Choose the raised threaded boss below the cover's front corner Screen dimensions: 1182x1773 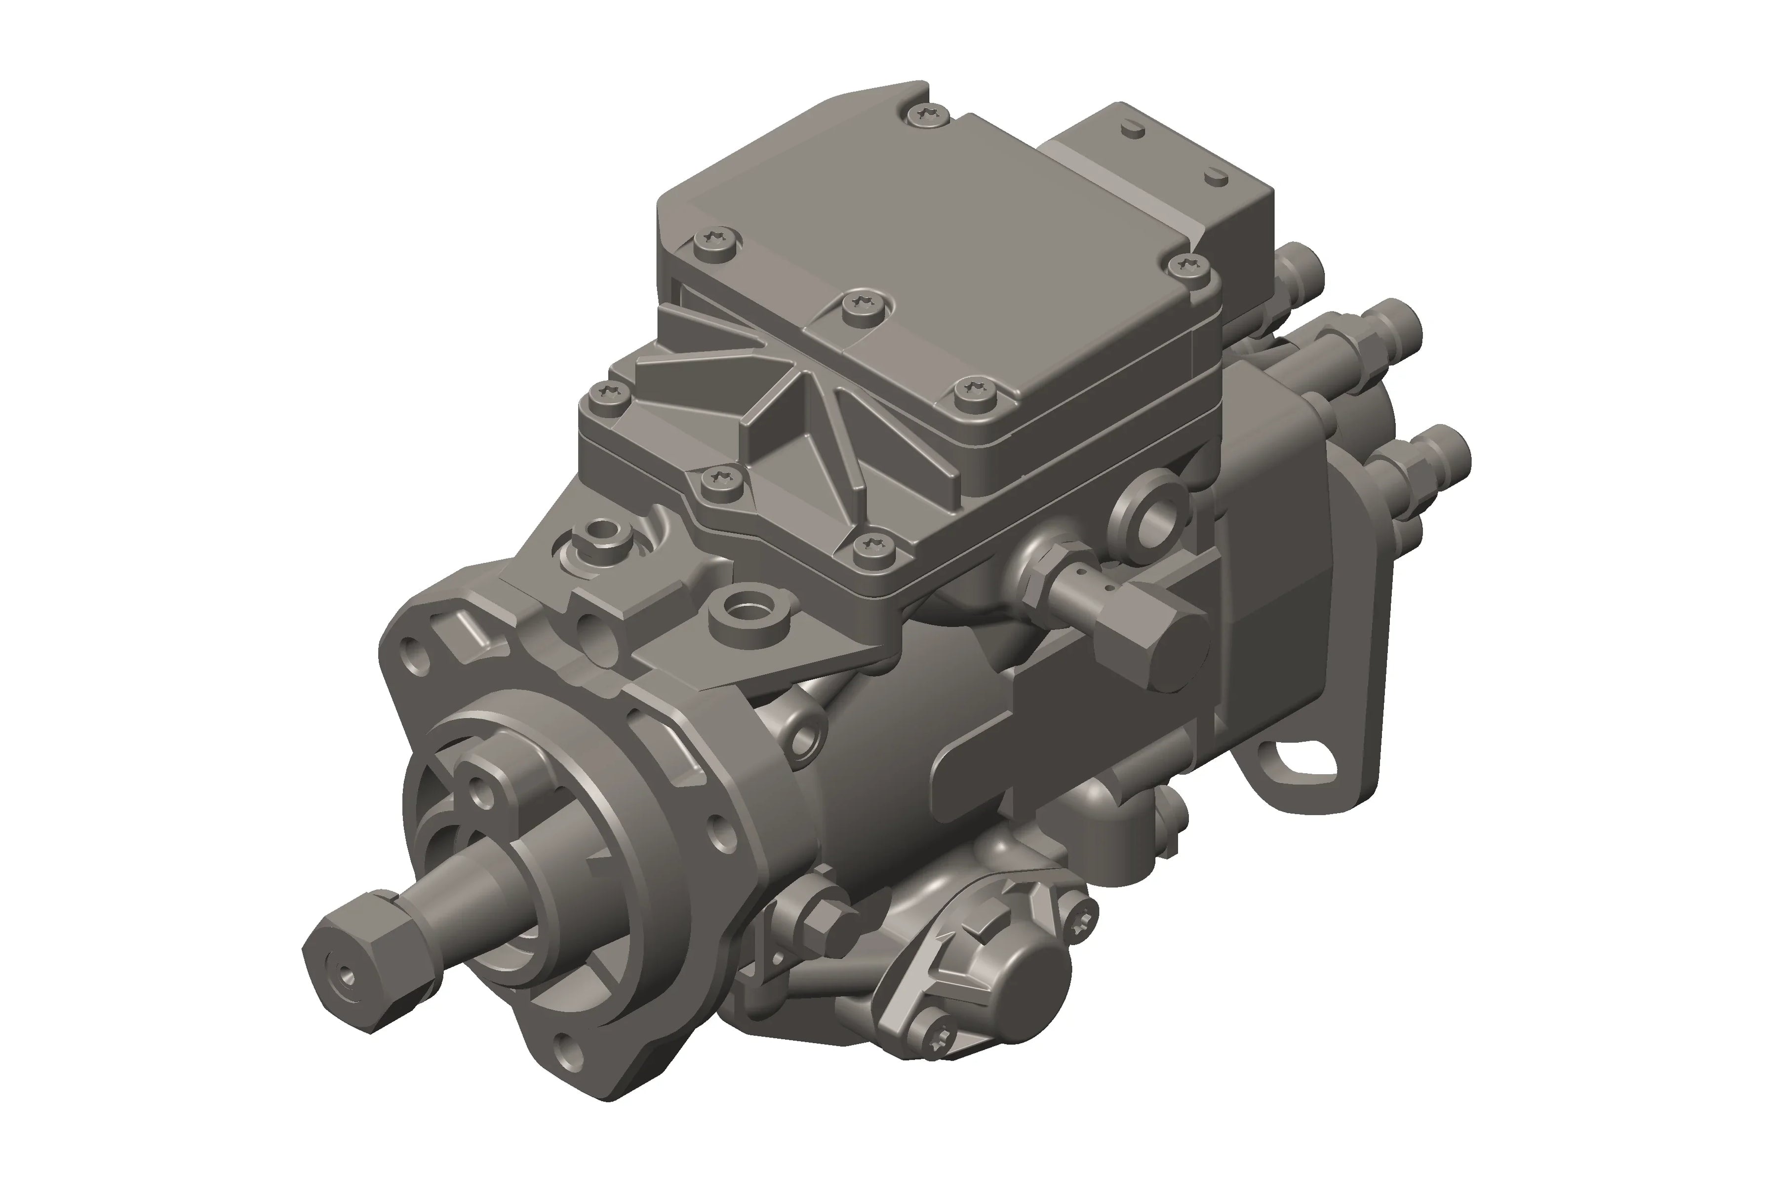749,608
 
